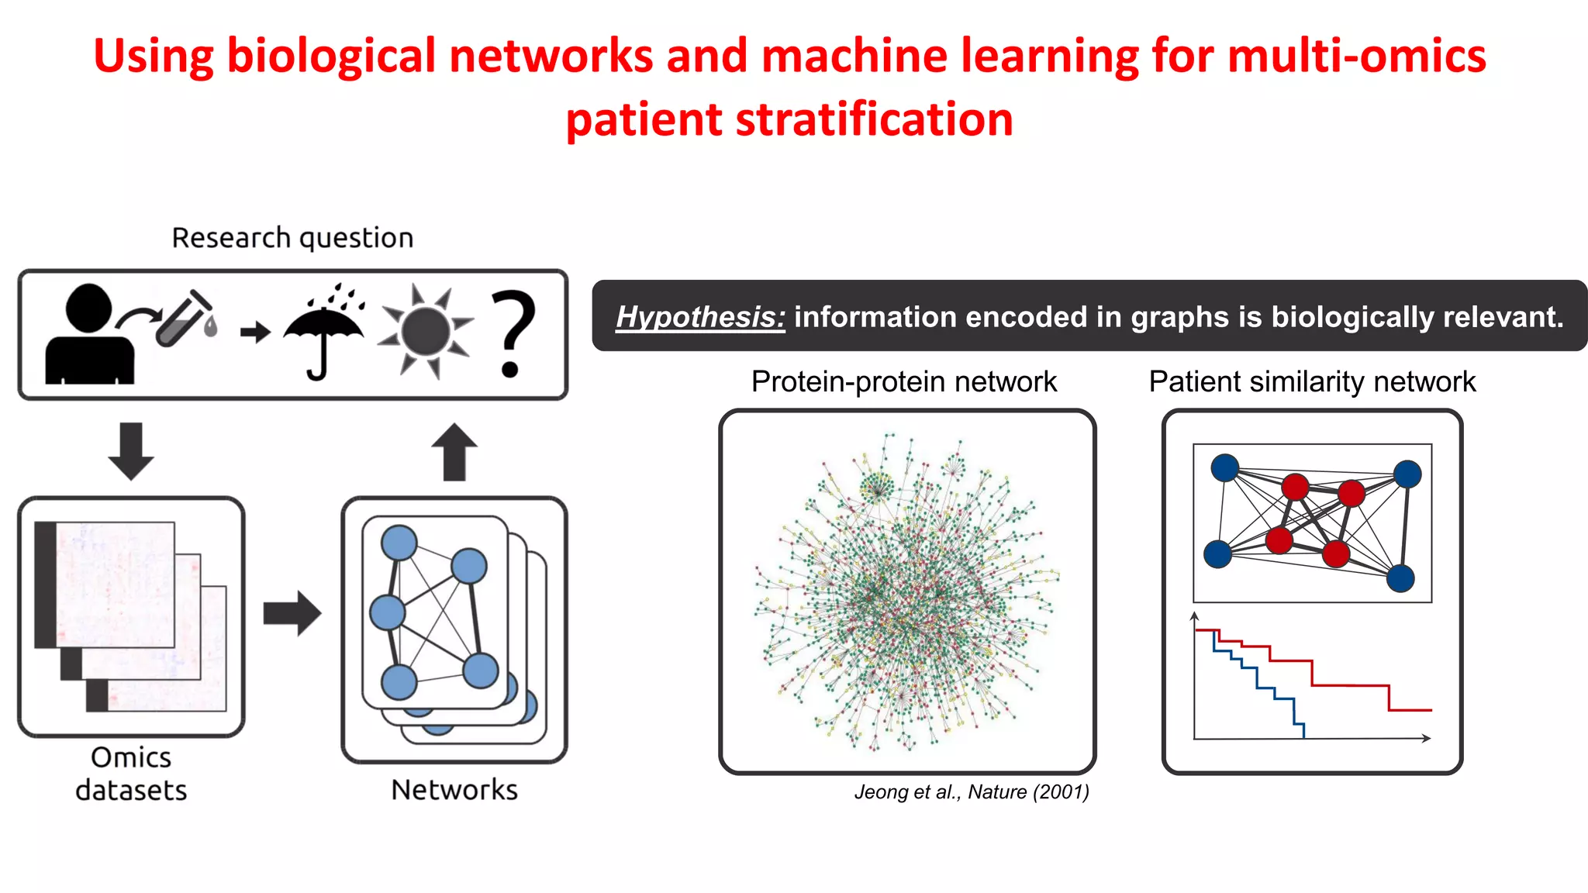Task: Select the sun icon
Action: pos(426,331)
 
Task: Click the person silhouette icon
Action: pos(89,335)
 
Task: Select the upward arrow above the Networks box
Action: pos(454,452)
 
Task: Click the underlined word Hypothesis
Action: pos(700,317)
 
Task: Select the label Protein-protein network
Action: pos(903,381)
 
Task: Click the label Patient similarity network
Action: pos(1312,381)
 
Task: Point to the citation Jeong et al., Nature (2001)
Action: pos(972,791)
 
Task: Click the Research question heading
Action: pos(292,237)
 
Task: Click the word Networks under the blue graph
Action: pos(454,789)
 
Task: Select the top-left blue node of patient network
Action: pos(1224,467)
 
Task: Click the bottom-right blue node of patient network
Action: pos(1400,578)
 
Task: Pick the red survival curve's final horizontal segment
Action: pos(1410,709)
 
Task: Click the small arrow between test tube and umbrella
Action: pos(255,333)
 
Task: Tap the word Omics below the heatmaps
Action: pos(130,757)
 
